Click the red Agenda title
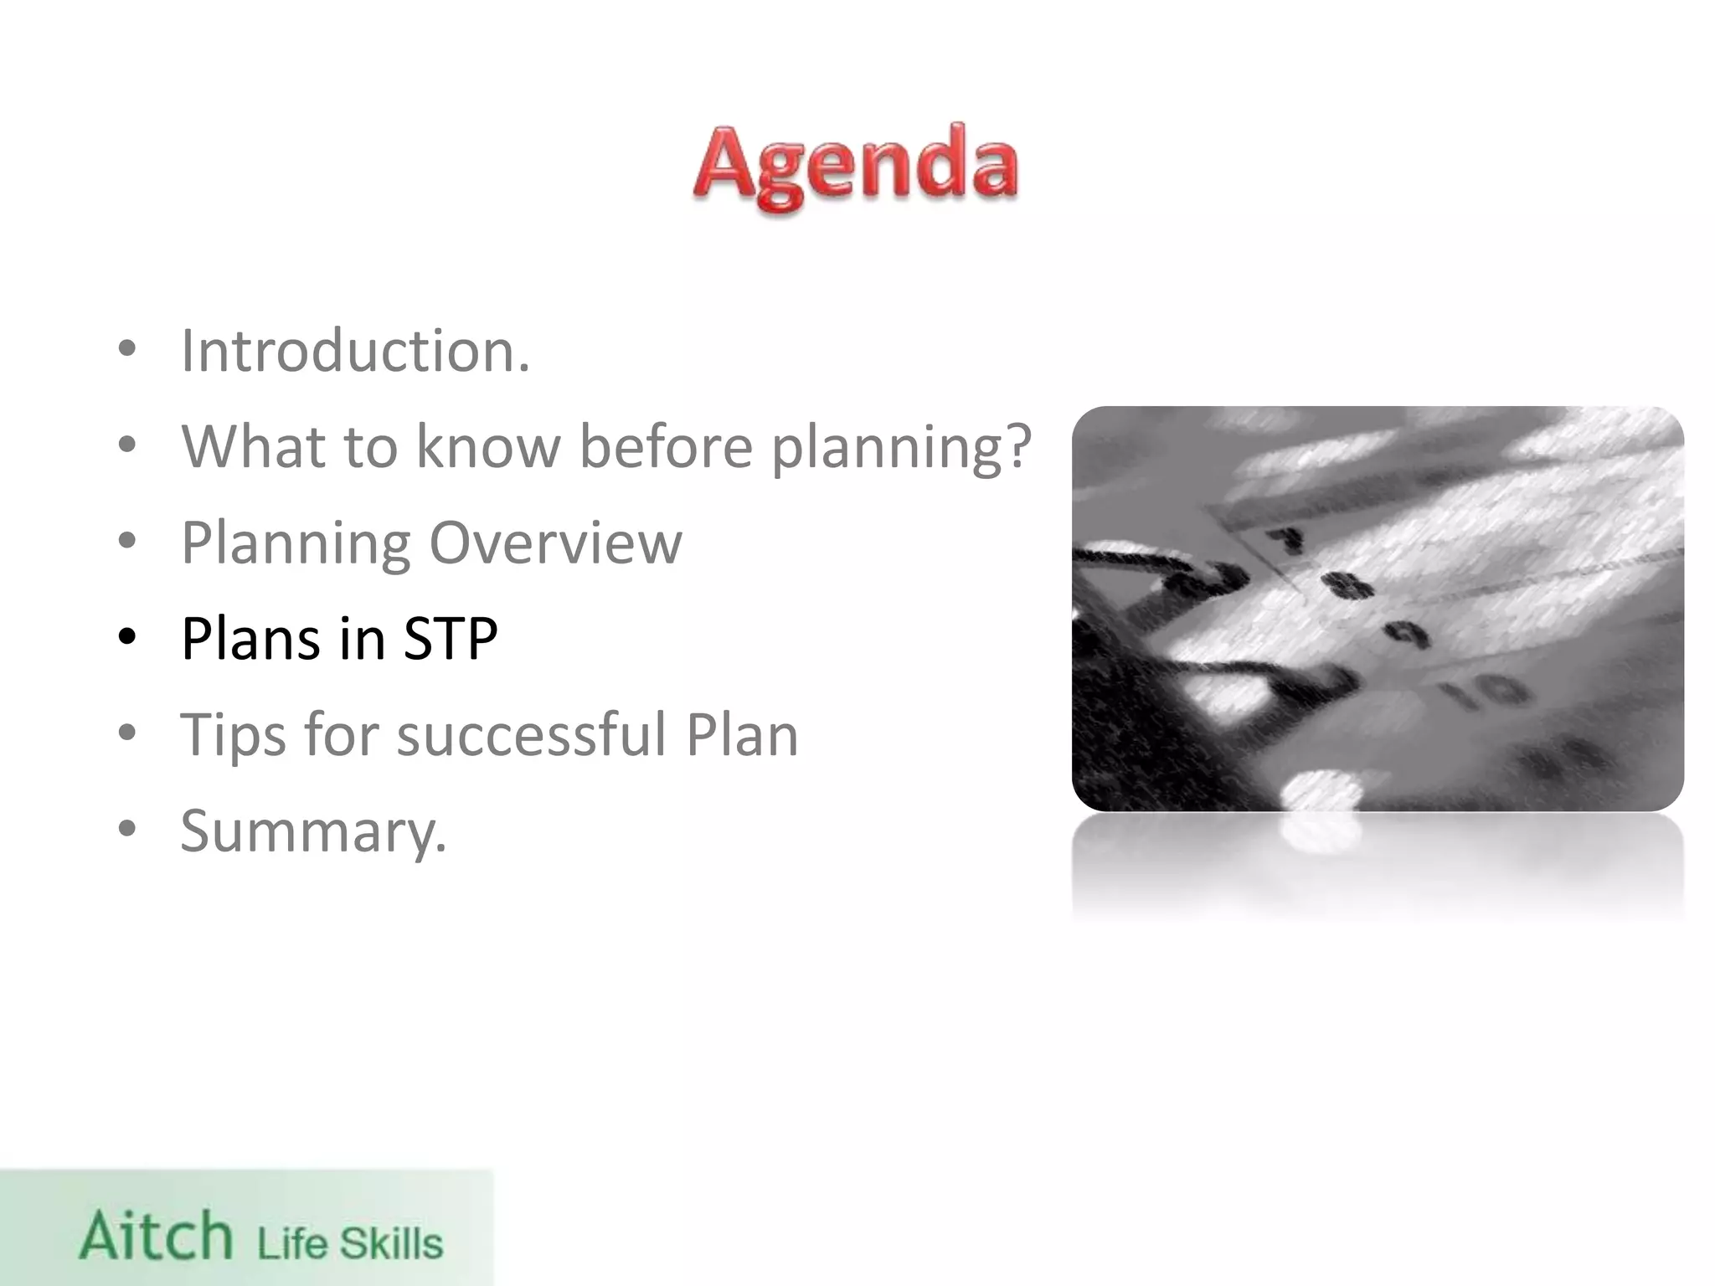(856, 166)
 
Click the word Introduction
(355, 350)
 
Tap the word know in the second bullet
(488, 446)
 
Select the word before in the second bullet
(666, 446)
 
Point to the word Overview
(555, 543)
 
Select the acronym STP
(451, 639)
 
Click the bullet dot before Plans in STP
(127, 639)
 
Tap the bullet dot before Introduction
(127, 350)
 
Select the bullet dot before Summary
(127, 830)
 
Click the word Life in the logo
(292, 1243)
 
